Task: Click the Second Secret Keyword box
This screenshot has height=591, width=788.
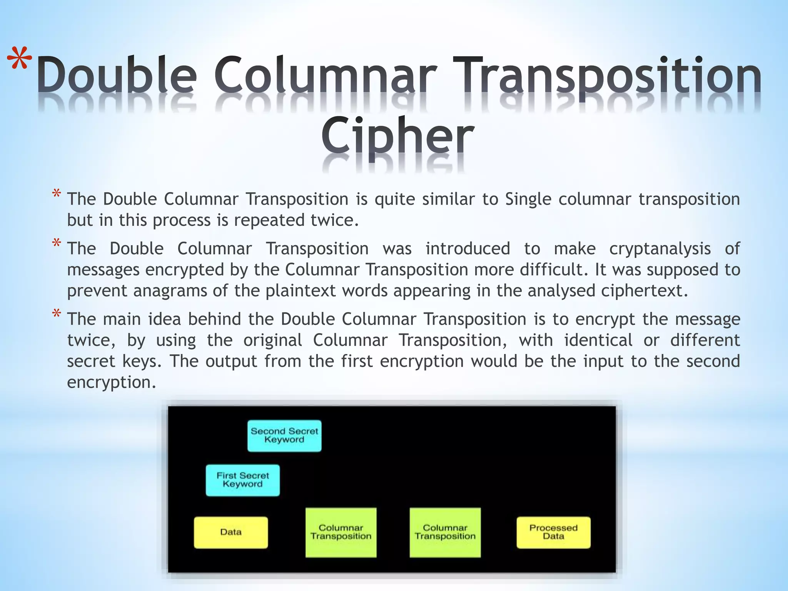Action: tap(284, 436)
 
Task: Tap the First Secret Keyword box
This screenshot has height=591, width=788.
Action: tap(242, 480)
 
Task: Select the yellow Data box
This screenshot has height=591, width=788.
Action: tap(231, 532)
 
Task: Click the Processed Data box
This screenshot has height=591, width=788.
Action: tap(553, 532)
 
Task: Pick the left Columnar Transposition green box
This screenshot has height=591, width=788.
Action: tap(341, 532)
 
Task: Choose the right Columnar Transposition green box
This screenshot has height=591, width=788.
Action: tap(445, 532)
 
